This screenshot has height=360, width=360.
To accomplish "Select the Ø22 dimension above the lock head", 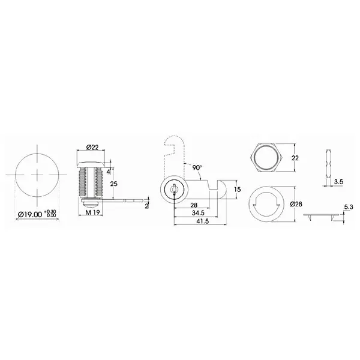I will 92,147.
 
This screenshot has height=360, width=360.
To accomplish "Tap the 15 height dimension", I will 238,190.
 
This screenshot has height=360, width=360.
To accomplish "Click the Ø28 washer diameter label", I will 295,204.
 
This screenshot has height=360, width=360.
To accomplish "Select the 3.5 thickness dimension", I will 338,179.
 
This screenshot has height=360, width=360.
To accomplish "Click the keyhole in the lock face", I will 173,190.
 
